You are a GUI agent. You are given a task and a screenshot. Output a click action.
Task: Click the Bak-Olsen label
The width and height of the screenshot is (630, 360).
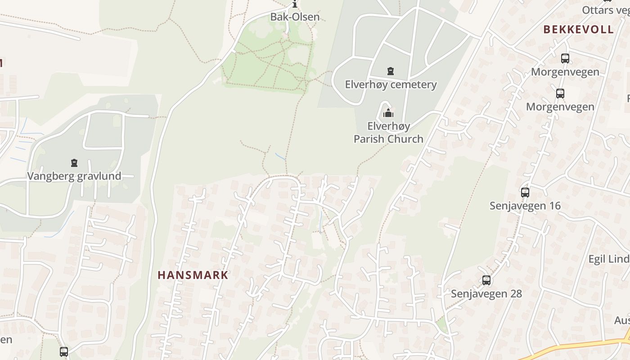pos(295,17)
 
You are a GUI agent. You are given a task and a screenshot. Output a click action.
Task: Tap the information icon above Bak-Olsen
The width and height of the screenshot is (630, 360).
pos(295,4)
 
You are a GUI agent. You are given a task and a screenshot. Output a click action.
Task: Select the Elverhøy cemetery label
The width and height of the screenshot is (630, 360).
pos(391,85)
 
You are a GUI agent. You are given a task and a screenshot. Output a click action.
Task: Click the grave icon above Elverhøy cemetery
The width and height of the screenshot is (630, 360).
pos(391,71)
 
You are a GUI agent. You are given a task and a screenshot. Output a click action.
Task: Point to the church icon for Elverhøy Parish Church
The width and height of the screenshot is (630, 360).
pos(388,113)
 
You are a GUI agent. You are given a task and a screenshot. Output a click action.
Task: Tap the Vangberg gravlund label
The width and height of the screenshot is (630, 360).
pos(74,176)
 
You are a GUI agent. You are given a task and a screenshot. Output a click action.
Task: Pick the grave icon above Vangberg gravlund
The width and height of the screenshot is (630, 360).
pos(74,163)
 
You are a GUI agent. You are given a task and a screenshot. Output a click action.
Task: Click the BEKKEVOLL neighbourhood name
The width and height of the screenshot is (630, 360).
pos(578,30)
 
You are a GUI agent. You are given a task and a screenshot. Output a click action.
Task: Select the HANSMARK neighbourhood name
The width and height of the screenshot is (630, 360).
pos(193,275)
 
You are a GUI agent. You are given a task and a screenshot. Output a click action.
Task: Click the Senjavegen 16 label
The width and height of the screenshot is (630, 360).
pos(525,206)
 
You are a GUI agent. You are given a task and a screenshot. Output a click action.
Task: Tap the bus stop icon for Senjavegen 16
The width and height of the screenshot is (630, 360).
pos(525,193)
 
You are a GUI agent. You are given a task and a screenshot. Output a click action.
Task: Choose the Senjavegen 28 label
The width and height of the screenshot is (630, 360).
pos(486,294)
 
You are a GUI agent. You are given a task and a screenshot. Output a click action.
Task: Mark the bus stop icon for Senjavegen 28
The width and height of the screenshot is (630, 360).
pos(486,281)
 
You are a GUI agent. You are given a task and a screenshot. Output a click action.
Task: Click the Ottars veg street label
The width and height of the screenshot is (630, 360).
pos(605,10)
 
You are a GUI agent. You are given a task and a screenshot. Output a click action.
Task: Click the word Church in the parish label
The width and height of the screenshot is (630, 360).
pos(406,139)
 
